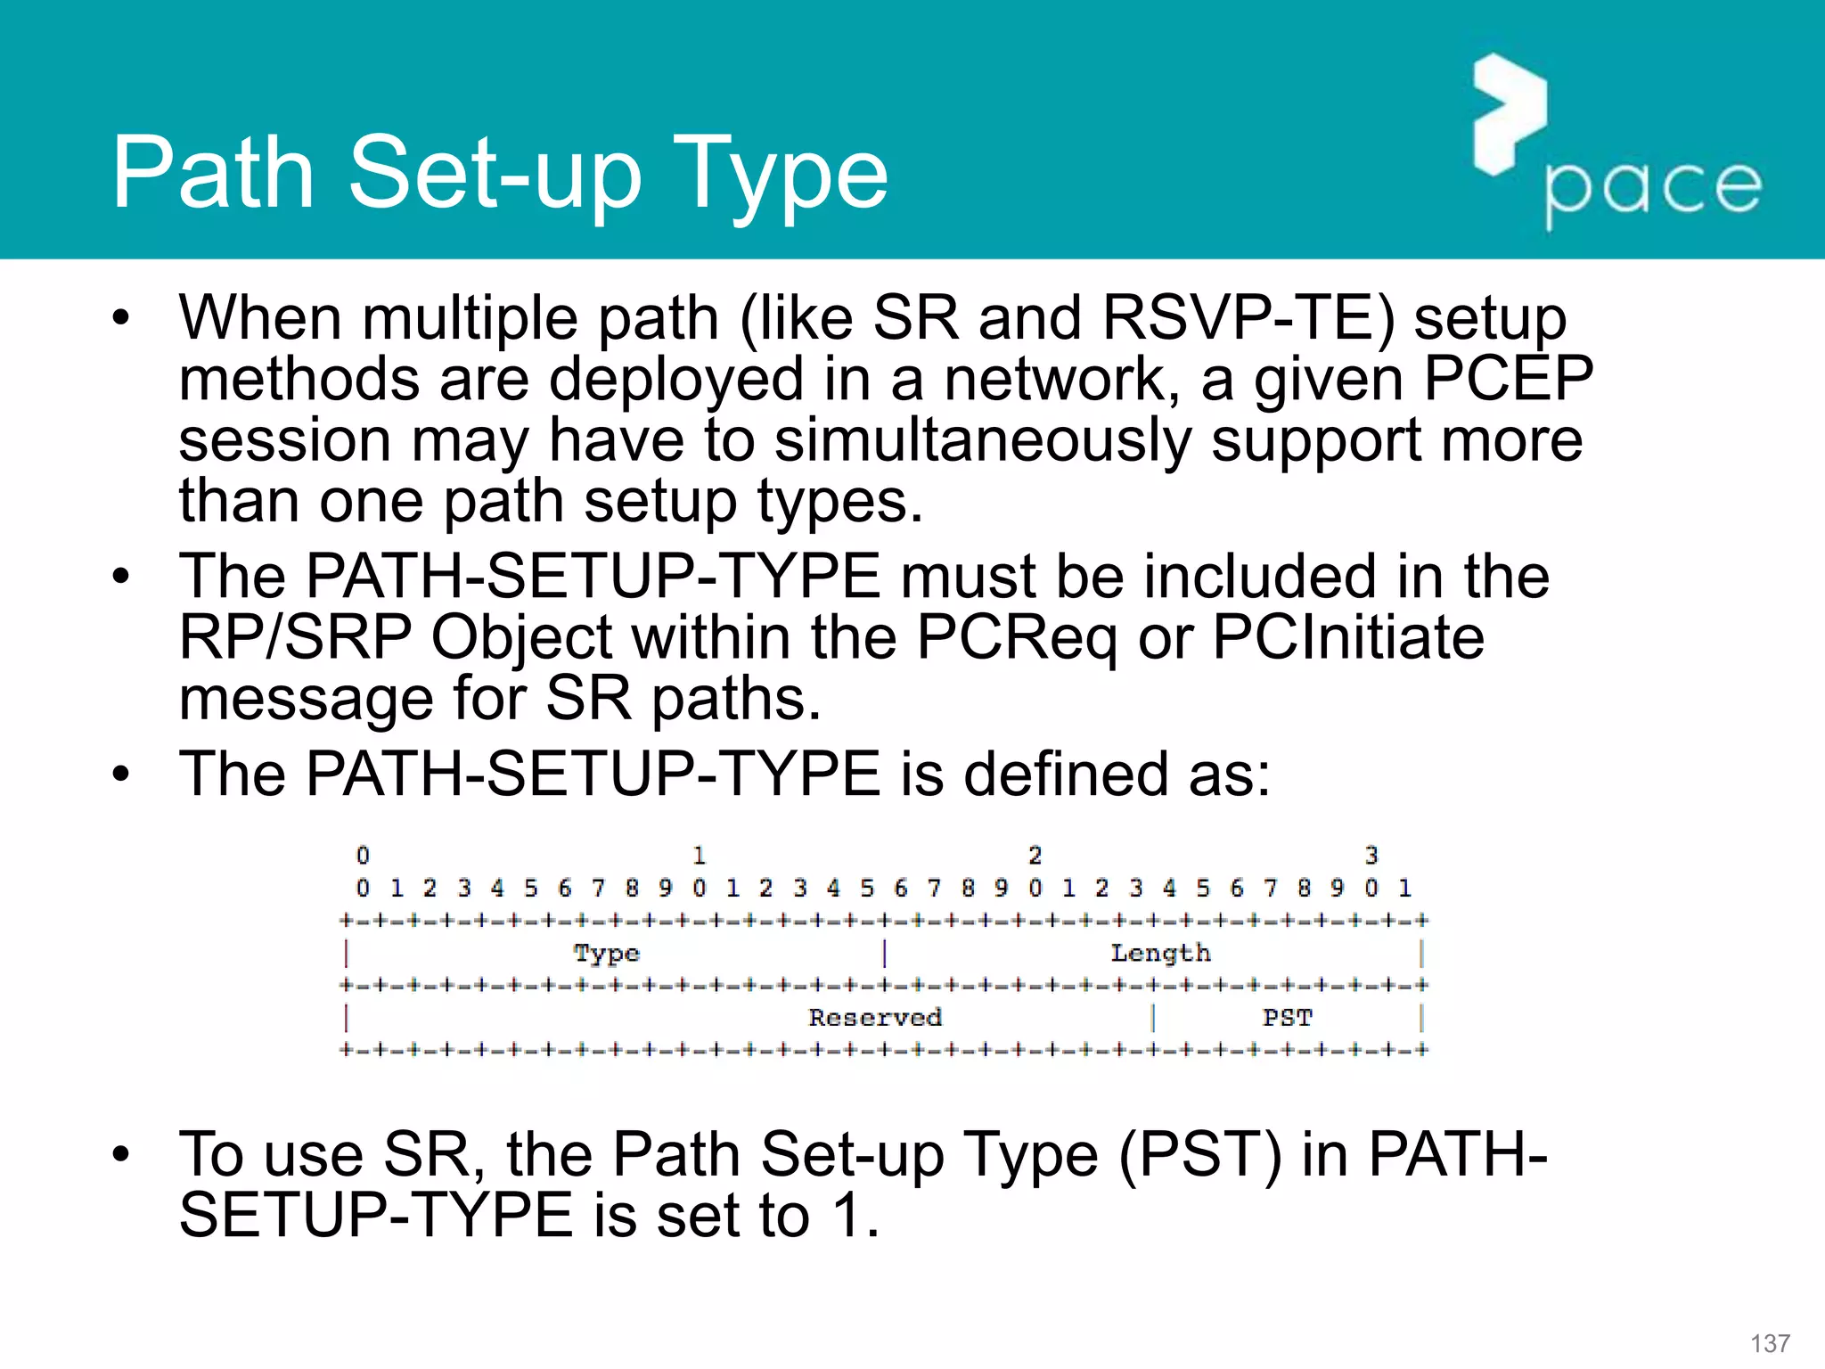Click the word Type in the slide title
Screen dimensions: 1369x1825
[784, 176]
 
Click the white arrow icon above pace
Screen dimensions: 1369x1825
[1509, 113]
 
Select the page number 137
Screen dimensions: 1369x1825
[1770, 1343]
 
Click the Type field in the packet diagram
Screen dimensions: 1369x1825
[607, 954]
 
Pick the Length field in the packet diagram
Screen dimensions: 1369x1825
[1160, 954]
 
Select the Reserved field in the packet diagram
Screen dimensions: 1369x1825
[874, 1018]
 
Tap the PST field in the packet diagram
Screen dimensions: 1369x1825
[1287, 1018]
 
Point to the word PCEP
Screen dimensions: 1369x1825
[1508, 379]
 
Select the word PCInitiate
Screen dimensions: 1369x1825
[1348, 637]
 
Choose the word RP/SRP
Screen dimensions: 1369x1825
[295, 637]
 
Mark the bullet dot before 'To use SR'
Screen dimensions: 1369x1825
[121, 1154]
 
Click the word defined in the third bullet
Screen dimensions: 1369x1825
[1067, 773]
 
